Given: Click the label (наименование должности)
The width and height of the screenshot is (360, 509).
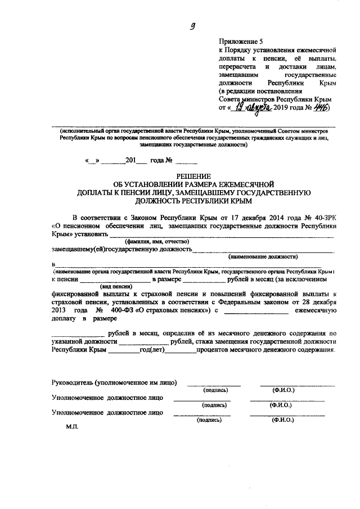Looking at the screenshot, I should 263,256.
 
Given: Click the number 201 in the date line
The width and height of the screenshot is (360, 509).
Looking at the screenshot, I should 132,160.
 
